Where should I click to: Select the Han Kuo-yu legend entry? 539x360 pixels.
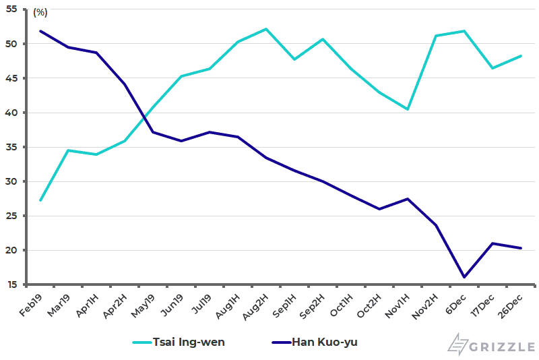[x=324, y=342]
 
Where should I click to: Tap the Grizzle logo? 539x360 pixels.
[x=491, y=343]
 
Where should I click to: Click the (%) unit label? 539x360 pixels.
[x=40, y=12]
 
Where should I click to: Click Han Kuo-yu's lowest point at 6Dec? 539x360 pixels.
[x=464, y=277]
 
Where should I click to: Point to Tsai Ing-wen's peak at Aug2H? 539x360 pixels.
[x=266, y=29]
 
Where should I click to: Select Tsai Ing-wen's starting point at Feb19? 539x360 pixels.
[x=40, y=200]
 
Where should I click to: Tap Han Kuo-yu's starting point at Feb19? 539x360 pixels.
[x=40, y=31]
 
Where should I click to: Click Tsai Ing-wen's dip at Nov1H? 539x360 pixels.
[x=408, y=109]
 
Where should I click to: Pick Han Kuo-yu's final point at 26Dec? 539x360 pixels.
[x=521, y=248]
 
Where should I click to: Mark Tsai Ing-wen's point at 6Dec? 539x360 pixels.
[x=464, y=31]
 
